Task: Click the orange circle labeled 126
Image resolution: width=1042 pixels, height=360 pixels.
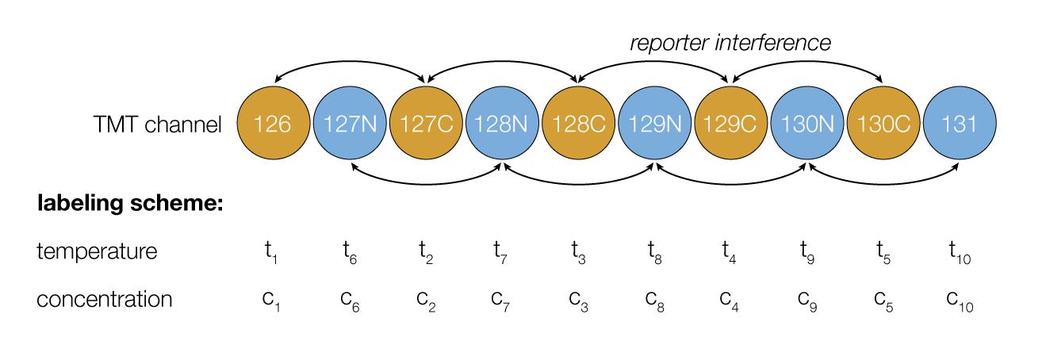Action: pos(274,123)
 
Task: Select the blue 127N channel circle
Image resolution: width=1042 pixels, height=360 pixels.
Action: pos(350,123)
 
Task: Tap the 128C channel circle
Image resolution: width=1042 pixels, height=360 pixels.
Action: pos(579,123)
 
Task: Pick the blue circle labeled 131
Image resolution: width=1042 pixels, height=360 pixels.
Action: pos(960,123)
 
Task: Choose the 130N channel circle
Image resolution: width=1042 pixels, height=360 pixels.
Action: pos(807,123)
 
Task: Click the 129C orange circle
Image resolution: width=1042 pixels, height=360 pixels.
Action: pos(731,123)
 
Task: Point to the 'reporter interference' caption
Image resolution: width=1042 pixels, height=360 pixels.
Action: pos(730,43)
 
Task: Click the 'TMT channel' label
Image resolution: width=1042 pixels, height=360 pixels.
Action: pos(158,124)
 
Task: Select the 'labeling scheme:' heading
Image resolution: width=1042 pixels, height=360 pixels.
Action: pos(130,203)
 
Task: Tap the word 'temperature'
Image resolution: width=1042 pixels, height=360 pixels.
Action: pos(97,251)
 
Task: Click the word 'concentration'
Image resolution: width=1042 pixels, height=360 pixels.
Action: pos(104,299)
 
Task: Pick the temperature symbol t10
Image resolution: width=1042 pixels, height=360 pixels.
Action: pos(960,253)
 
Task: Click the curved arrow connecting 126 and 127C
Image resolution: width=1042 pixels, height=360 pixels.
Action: pos(350,62)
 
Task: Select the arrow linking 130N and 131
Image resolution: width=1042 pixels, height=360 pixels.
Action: pos(884,184)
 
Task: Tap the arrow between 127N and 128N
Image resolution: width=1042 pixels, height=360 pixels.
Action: pos(426,184)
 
